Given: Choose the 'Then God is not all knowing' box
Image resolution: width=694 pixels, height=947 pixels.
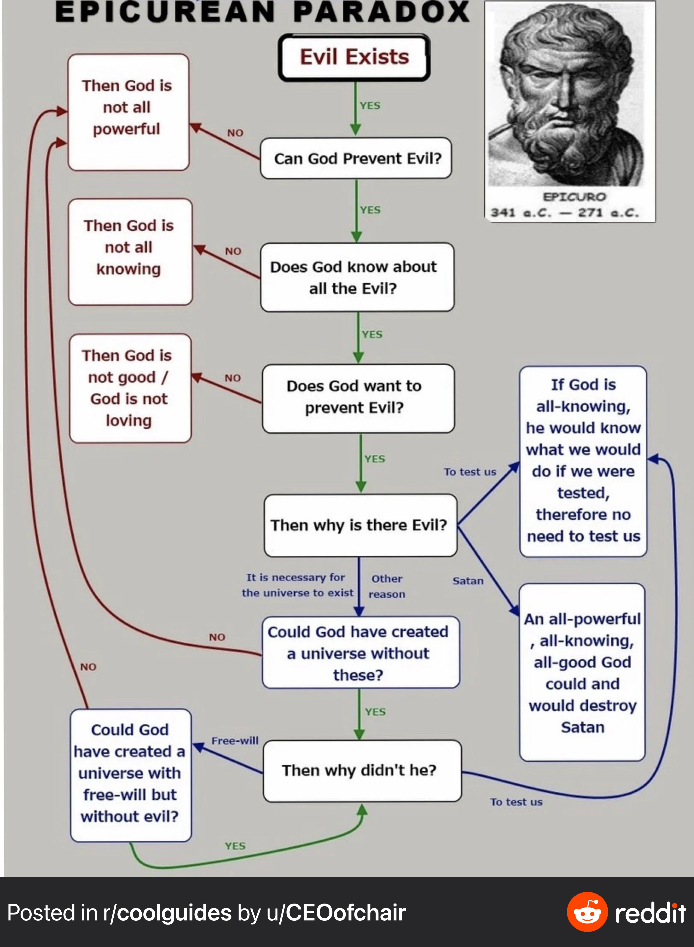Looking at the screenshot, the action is coord(130,252).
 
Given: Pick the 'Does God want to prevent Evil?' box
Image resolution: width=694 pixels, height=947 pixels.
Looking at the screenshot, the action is coord(358,398).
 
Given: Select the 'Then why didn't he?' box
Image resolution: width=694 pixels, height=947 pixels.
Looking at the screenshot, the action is coord(362,770).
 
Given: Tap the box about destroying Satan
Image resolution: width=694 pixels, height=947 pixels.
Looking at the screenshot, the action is coord(582,672).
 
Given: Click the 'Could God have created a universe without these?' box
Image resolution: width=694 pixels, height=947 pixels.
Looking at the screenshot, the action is coord(361,652).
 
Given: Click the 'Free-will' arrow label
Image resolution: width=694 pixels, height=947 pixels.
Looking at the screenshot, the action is coord(235,741).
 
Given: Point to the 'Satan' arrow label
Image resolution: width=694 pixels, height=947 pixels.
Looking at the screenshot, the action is coord(468,581).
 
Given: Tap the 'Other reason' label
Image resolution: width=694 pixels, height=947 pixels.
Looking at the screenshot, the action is coord(387,586).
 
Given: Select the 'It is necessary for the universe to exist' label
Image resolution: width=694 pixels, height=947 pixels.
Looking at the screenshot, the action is coord(297,585).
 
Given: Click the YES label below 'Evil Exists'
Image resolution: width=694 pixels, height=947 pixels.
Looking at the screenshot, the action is coord(370,106).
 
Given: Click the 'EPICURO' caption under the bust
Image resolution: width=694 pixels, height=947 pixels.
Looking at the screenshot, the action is coord(574,197).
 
